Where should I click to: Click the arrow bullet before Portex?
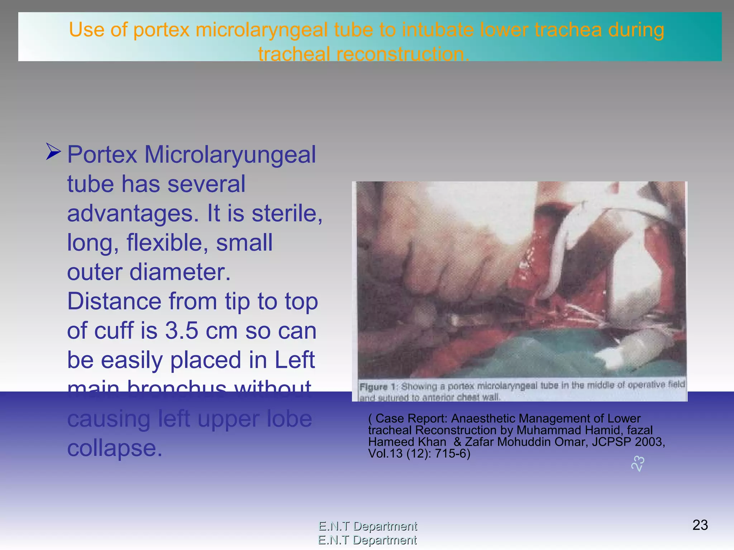tap(53, 152)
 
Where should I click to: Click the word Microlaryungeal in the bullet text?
tap(230, 155)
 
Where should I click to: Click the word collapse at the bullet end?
tap(115, 448)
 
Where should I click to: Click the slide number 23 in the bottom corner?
tap(700, 525)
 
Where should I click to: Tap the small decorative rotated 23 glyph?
tap(638, 464)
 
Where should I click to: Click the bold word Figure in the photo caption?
tap(373, 387)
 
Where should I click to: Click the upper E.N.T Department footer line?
tap(368, 526)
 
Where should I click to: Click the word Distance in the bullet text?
tap(114, 301)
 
